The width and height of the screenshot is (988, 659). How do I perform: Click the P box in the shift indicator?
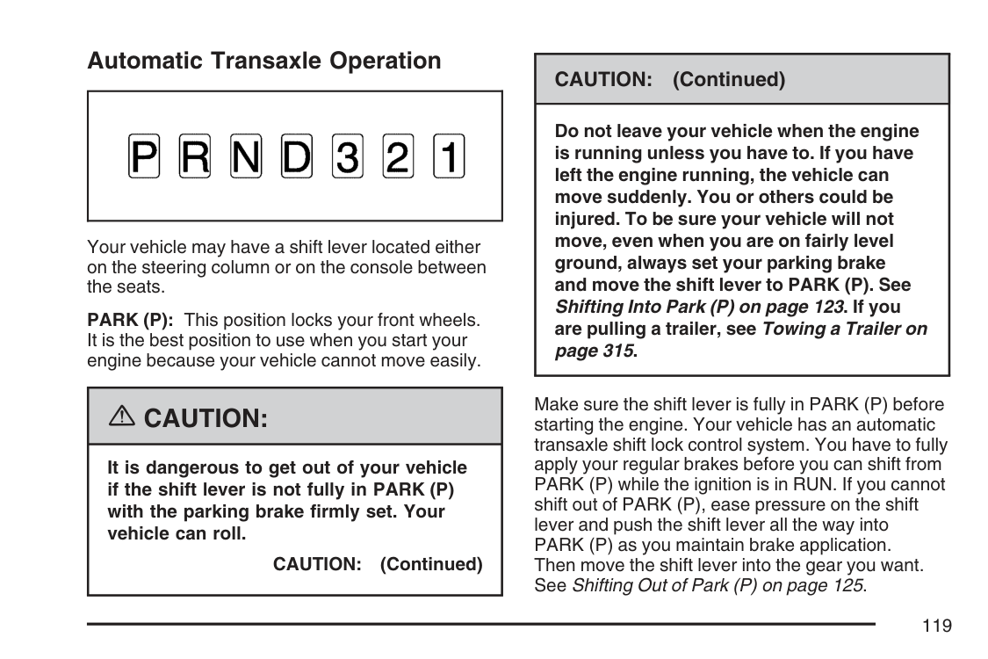tap(144, 157)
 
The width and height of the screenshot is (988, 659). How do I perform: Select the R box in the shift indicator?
tap(195, 157)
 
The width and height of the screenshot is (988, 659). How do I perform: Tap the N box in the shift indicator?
tap(246, 157)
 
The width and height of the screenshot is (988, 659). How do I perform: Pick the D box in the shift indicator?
tap(297, 157)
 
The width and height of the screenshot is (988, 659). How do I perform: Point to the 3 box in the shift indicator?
tap(348, 157)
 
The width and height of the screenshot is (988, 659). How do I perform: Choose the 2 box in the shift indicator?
tap(398, 157)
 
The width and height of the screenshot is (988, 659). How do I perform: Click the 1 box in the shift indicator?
tap(449, 157)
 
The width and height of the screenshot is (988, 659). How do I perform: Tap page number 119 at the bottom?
tap(937, 626)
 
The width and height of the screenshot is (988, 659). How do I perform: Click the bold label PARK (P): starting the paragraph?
tap(130, 321)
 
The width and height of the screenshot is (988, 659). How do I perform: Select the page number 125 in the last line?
tap(847, 584)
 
